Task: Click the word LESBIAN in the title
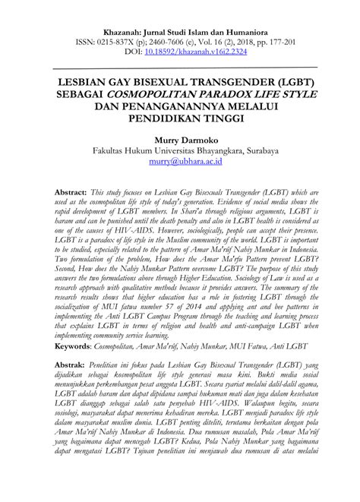(x=81, y=81)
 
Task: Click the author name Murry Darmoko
(x=180, y=140)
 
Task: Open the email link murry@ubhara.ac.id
(x=180, y=163)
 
